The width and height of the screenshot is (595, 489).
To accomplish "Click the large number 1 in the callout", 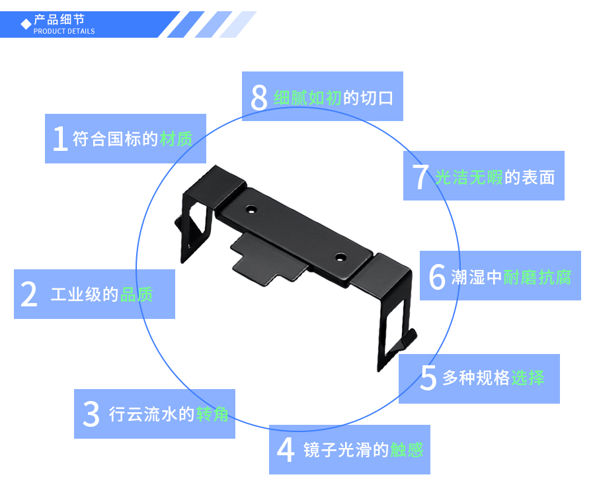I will click(x=60, y=139).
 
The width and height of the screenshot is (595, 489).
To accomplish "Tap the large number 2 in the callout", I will click(x=29, y=294).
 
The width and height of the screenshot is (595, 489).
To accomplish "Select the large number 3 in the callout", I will click(x=91, y=414).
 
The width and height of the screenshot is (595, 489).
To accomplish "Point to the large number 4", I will click(x=286, y=450).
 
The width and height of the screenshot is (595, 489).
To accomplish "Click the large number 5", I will click(x=428, y=378).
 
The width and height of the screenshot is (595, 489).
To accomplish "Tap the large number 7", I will click(x=420, y=177).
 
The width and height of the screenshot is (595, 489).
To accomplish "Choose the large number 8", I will click(x=258, y=98).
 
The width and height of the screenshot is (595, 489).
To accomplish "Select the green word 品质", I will click(x=137, y=294).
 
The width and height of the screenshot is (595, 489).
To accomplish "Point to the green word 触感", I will click(x=407, y=450).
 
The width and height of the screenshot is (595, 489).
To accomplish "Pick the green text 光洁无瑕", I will click(x=469, y=177).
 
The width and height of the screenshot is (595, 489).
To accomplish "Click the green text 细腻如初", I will click(x=307, y=98).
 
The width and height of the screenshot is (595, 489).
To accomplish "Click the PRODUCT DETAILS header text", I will click(x=64, y=31).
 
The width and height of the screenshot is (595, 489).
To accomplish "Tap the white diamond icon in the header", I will click(x=26, y=24).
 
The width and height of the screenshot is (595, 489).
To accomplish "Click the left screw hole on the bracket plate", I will click(x=251, y=210).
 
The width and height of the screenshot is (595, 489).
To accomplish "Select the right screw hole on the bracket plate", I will click(x=340, y=257).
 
